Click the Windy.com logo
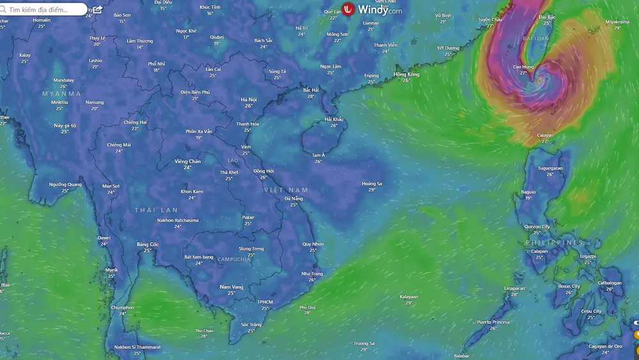(372, 10)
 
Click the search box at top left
(45, 10)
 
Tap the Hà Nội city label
(249, 100)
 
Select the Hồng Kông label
(406, 75)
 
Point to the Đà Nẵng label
(294, 199)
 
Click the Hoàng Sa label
(372, 184)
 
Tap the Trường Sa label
(364, 343)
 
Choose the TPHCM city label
(265, 302)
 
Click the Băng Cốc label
(148, 244)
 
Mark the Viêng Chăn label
(187, 162)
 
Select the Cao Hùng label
(523, 67)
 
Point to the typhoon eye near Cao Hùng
(540, 81)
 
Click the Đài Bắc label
(547, 17)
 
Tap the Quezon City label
(537, 227)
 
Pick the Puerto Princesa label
(493, 322)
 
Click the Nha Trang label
(312, 274)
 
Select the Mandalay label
(64, 81)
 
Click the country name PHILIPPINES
(554, 243)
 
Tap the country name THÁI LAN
(157, 210)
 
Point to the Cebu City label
(591, 311)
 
